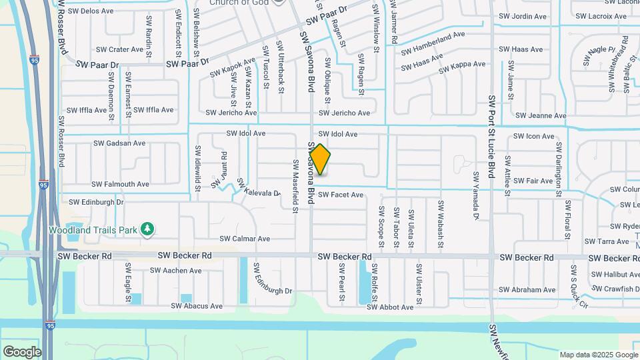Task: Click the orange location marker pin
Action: [320, 159]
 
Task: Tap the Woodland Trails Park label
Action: [93, 230]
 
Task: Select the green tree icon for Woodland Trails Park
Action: [147, 230]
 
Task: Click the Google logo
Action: [22, 351]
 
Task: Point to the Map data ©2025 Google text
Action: [598, 355]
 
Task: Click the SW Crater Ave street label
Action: [120, 49]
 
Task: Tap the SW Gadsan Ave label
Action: [119, 143]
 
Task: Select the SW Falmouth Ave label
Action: [120, 184]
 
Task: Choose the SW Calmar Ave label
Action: [245, 239]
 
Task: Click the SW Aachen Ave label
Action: [175, 271]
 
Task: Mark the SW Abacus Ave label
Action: [197, 306]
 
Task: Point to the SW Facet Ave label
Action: [340, 195]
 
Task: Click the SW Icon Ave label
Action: [534, 137]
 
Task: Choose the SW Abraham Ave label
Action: [527, 290]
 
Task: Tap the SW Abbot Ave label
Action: [390, 307]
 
